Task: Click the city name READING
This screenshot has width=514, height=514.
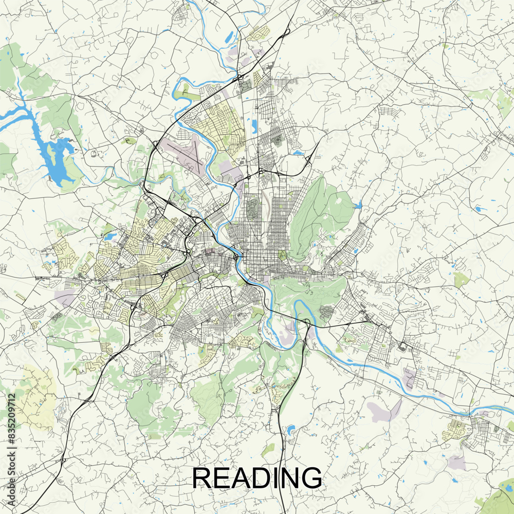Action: [x=257, y=478]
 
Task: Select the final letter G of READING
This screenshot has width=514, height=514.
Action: [x=311, y=478]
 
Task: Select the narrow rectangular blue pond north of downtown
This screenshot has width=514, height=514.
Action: [x=254, y=125]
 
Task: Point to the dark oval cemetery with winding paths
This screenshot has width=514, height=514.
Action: [x=252, y=208]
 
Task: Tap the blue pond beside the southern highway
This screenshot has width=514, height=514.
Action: [x=291, y=429]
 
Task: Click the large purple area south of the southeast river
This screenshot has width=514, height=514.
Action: [x=383, y=411]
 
